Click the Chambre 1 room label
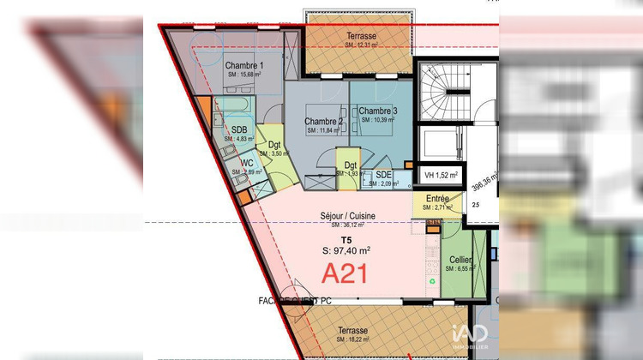(x=244, y=66)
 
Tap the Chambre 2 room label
(x=323, y=122)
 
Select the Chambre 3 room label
(x=377, y=111)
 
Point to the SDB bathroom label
(x=239, y=130)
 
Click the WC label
(x=246, y=163)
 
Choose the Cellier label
(x=460, y=259)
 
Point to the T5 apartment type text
(x=346, y=240)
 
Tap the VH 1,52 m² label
(x=442, y=177)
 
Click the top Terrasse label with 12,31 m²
(x=361, y=36)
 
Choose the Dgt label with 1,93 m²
(x=351, y=165)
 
